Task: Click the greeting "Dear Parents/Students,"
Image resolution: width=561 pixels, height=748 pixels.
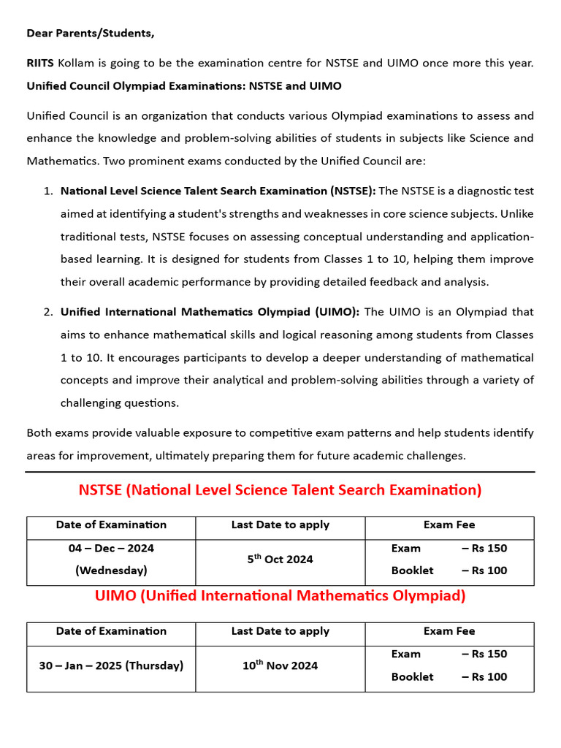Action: click(91, 34)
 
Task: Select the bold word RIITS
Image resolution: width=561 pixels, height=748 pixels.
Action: click(40, 63)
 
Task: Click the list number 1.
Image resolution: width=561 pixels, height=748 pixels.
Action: click(47, 191)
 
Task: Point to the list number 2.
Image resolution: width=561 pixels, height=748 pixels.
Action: click(47, 312)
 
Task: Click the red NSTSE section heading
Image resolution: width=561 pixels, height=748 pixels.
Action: click(280, 490)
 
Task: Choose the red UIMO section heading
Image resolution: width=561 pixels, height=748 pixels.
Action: click(280, 596)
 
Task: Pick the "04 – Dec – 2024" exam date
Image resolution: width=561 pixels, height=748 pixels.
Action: click(111, 548)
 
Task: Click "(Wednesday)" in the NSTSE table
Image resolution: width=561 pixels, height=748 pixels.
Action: click(111, 570)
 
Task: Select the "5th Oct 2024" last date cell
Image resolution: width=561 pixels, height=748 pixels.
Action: click(280, 560)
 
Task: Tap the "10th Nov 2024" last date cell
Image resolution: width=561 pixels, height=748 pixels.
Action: click(280, 665)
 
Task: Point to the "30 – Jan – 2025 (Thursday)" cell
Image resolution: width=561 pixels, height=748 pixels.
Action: click(111, 665)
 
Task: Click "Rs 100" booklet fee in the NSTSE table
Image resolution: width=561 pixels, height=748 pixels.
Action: click(489, 570)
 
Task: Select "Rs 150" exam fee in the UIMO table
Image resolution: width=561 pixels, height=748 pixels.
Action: click(489, 654)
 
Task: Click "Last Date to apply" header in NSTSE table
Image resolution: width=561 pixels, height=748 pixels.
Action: click(280, 525)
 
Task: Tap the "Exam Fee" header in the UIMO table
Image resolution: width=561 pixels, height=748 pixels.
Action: click(449, 631)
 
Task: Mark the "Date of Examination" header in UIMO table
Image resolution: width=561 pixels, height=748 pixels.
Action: click(111, 631)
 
